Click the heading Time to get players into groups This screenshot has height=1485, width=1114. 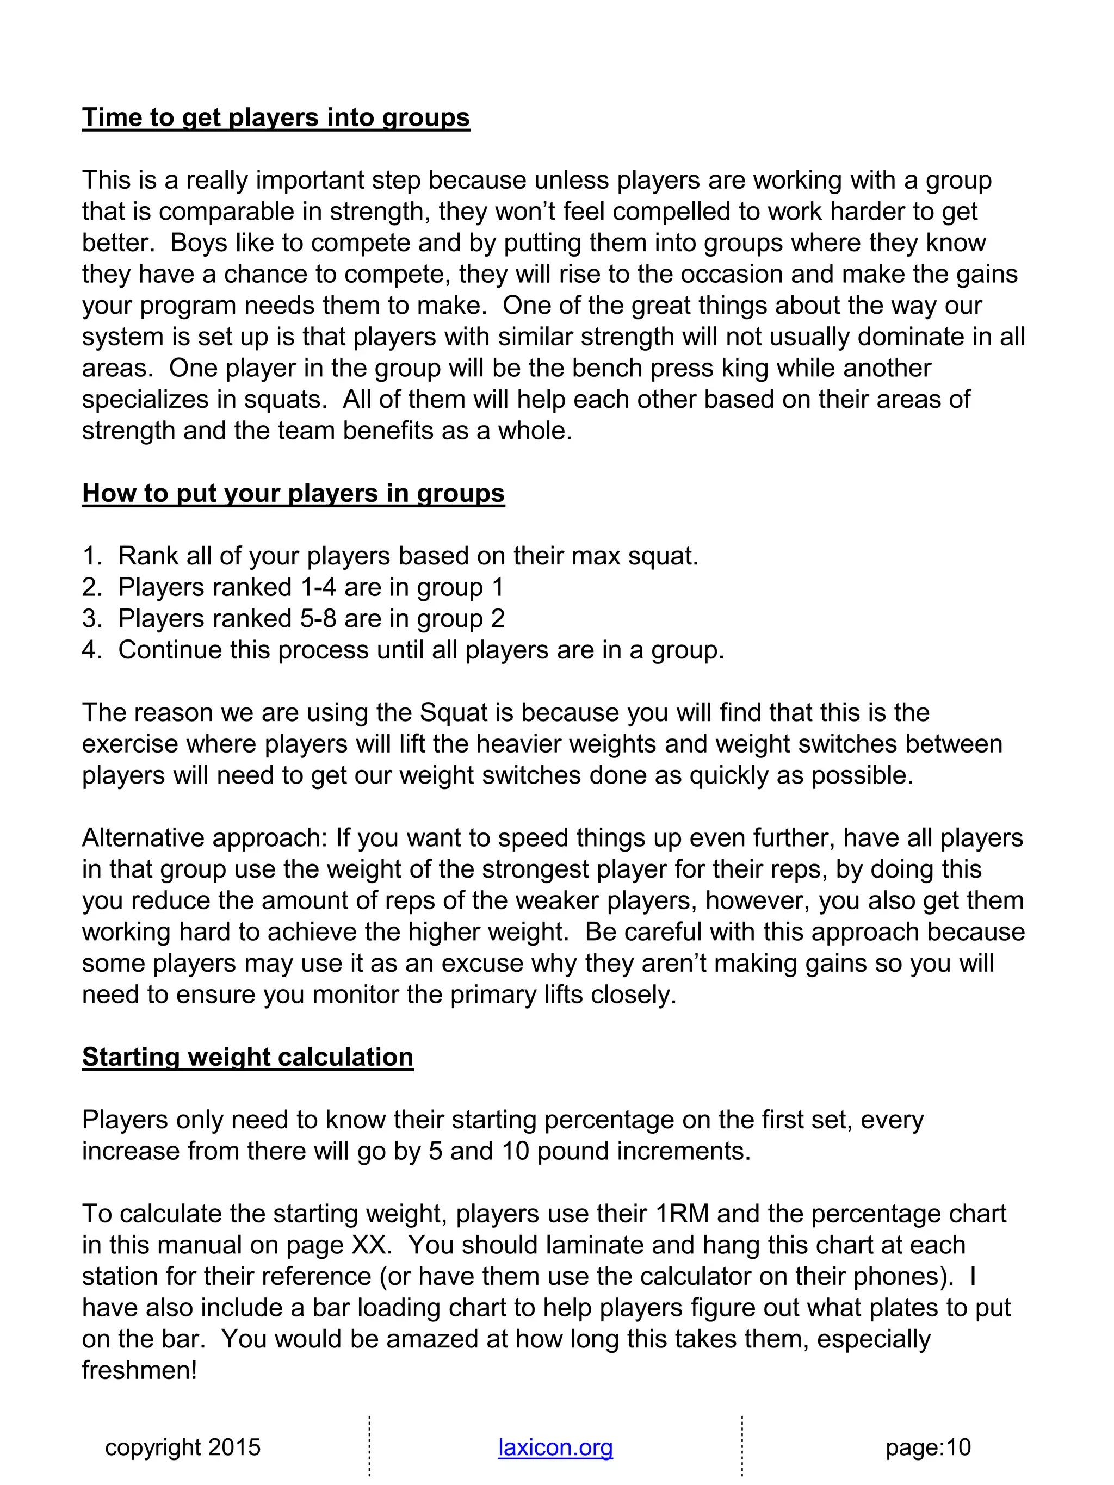[x=275, y=117]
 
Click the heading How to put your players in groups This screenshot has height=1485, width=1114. [x=293, y=493]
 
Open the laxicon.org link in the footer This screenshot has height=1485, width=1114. [x=555, y=1447]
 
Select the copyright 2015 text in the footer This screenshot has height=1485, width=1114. [x=183, y=1447]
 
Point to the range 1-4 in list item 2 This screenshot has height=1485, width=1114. [x=319, y=587]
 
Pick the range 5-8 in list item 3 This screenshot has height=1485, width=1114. [x=319, y=618]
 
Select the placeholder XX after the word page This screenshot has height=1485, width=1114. [x=370, y=1245]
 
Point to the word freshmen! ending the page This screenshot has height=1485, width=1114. [x=140, y=1370]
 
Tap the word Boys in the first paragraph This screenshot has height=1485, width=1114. [x=195, y=243]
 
